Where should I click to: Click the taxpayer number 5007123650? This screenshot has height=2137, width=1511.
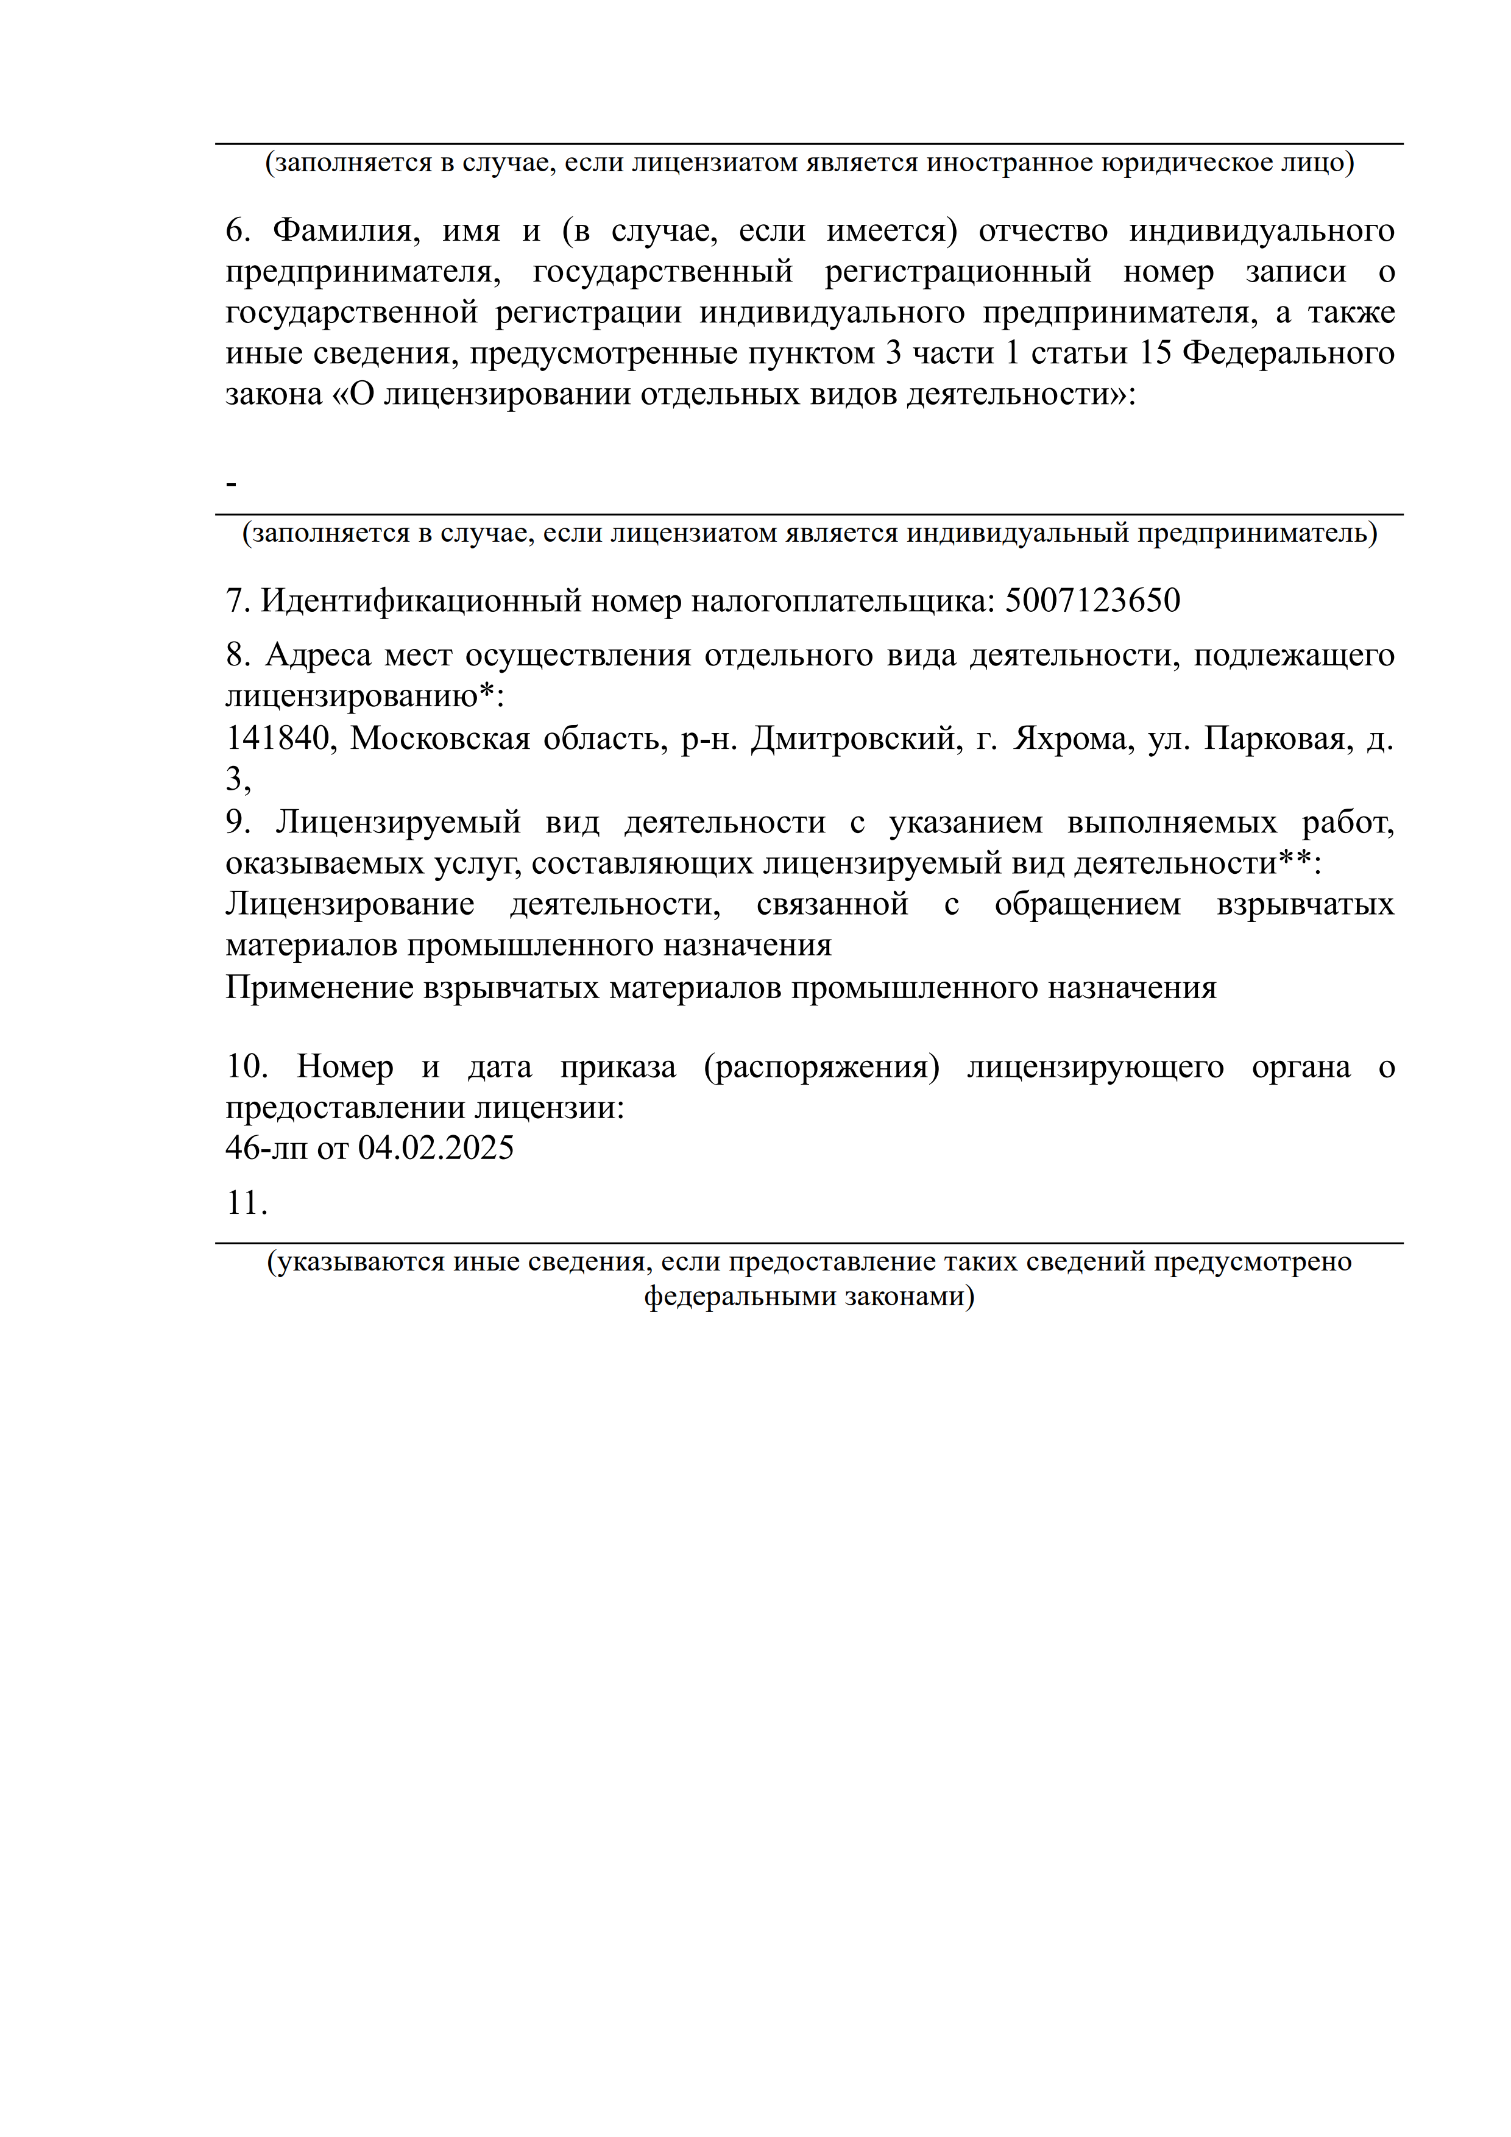pyautogui.click(x=1092, y=600)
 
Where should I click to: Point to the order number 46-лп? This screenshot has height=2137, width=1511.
pyautogui.click(x=265, y=1147)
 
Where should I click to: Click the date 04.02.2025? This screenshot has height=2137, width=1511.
pyautogui.click(x=436, y=1147)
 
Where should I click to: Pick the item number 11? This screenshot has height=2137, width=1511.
pyautogui.click(x=247, y=1202)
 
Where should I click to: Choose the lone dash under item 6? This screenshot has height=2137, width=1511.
pyautogui.click(x=232, y=483)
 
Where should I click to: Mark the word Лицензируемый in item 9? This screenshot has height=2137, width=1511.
pyautogui.click(x=398, y=822)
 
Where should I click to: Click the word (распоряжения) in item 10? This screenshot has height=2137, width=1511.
pyautogui.click(x=821, y=1066)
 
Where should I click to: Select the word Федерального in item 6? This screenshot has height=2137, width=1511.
pyautogui.click(x=1287, y=353)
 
